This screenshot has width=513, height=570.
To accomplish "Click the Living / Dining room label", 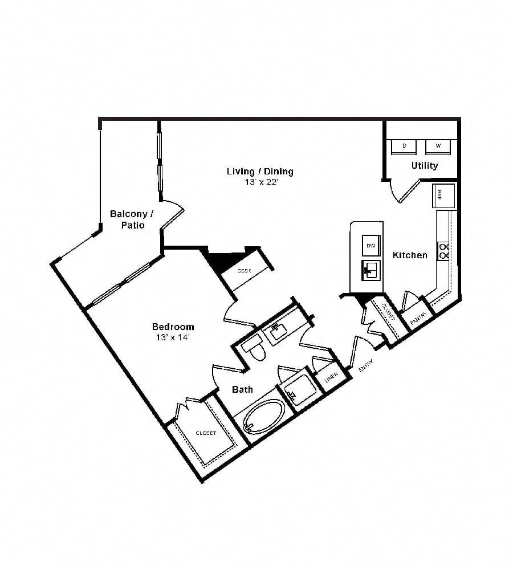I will pos(260,171).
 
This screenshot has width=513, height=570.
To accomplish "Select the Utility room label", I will pos(425,165).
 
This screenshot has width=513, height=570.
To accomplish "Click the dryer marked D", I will pos(405,146).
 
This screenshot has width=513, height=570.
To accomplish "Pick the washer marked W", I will pos(438,146).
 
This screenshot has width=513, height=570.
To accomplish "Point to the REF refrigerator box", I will pos(443,195).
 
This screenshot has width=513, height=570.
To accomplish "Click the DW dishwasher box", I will pos(370,245).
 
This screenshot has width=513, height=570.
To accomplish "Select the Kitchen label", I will pos(410,255).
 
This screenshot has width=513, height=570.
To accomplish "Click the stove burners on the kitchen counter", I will pos(443,251).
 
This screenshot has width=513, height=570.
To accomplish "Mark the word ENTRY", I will pos(365,365).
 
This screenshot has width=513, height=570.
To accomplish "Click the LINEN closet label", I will pos(332,377).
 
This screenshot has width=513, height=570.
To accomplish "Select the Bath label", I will pos(242,390).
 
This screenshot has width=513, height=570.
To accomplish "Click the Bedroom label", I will pos(173,327).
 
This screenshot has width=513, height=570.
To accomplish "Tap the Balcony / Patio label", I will pos(132,219).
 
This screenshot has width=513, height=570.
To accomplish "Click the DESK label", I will pos(244,271).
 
